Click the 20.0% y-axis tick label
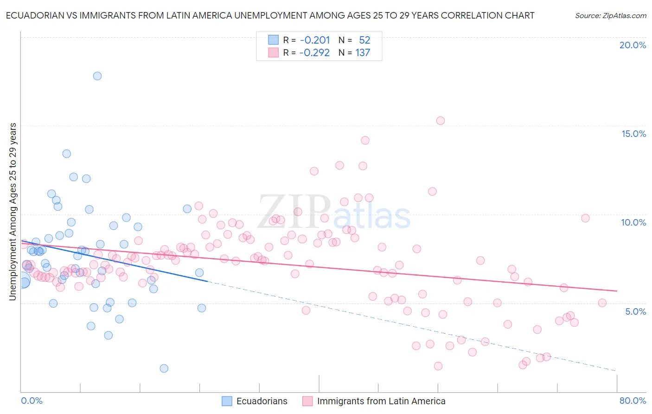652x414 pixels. (x=633, y=45)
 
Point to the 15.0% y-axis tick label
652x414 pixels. (x=633, y=134)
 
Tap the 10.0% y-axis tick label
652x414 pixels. (x=633, y=222)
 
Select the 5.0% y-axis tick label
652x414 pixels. (x=635, y=311)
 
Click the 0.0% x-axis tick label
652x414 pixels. (x=32, y=401)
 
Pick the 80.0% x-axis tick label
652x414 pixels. (x=633, y=401)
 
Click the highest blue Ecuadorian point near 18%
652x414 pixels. (x=97, y=76)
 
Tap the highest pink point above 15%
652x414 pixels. (x=441, y=121)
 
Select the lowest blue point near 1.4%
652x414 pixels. (x=164, y=369)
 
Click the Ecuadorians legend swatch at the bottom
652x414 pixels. (x=227, y=401)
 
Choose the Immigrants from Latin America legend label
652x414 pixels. (x=381, y=401)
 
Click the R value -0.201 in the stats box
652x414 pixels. (x=314, y=40)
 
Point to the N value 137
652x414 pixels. (x=363, y=53)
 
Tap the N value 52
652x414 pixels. (x=364, y=40)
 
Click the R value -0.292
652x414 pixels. (x=314, y=53)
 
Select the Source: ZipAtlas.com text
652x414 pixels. (x=610, y=16)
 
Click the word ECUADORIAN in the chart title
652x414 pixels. (x=35, y=15)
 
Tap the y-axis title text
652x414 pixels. (x=13, y=211)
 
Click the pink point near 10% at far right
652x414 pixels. (x=585, y=218)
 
